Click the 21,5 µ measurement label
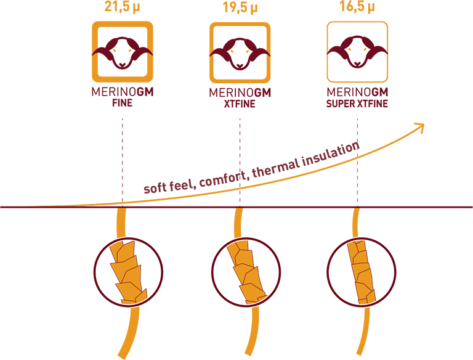[x=123, y=6]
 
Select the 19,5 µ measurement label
[x=240, y=7]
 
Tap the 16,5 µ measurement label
[x=357, y=6]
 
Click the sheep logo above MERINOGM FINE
[x=123, y=52]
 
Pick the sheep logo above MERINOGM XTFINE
[x=240, y=52]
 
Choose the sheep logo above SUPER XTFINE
[x=357, y=52]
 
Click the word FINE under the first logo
[x=122, y=103]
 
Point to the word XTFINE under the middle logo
[x=240, y=104]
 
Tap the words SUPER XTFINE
[x=357, y=104]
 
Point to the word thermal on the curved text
[x=275, y=168]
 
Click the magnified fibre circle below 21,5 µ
[x=95, y=272]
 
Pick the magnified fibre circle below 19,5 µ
[x=212, y=272]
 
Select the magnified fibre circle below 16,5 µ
[x=328, y=272]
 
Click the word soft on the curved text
[x=155, y=188]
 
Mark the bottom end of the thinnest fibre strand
[x=359, y=354]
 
